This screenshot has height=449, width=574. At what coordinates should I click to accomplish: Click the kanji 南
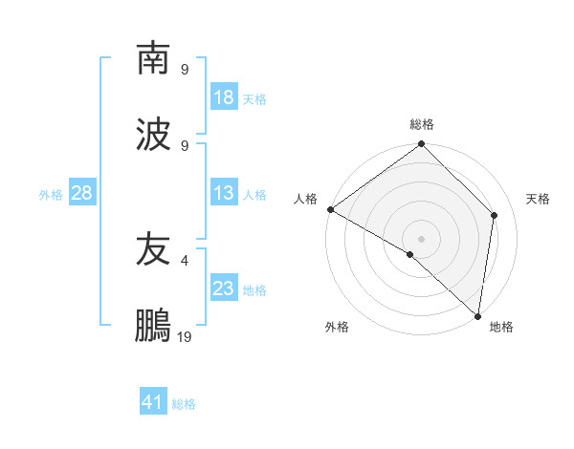click(153, 58)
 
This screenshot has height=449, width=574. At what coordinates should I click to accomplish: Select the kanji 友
click(153, 249)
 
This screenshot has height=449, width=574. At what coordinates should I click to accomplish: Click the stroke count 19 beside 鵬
click(185, 336)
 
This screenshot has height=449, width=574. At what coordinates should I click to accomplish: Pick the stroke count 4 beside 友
click(185, 259)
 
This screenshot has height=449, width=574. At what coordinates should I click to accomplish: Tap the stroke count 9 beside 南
click(185, 69)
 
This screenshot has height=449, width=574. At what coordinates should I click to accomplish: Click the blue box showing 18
click(224, 97)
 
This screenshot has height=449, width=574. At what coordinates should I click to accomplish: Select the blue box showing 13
click(224, 193)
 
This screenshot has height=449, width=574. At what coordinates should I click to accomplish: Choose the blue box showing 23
click(224, 289)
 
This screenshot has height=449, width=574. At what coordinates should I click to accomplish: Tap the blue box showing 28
click(82, 193)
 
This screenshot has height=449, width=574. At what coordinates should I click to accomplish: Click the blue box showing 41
click(153, 402)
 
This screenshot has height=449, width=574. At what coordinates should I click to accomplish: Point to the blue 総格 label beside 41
click(185, 404)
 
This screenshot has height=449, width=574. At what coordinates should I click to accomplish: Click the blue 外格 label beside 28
click(51, 194)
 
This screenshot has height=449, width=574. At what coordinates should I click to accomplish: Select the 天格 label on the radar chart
click(538, 199)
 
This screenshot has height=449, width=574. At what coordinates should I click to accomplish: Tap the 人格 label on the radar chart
click(306, 199)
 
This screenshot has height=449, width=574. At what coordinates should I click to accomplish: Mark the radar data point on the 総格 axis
click(421, 145)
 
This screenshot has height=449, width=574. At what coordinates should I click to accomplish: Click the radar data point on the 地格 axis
click(477, 315)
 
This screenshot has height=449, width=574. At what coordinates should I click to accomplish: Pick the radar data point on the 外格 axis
click(410, 254)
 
